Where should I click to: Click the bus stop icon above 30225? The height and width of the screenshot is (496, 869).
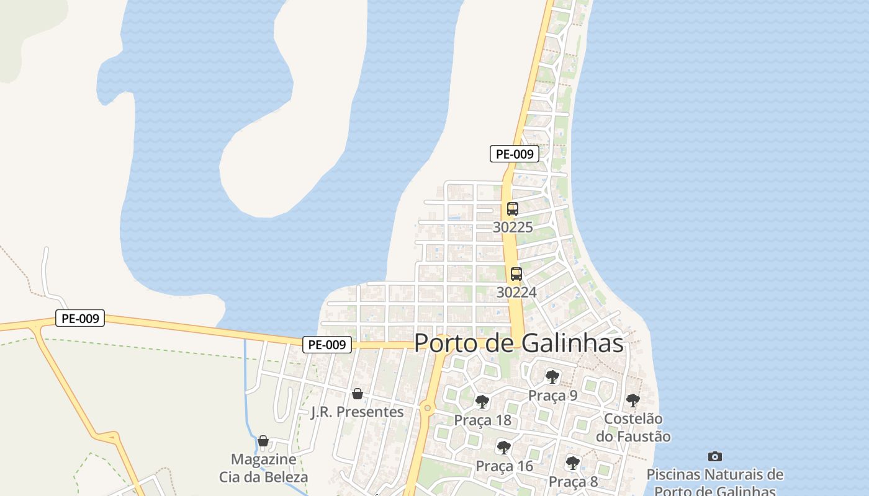tap(512, 209)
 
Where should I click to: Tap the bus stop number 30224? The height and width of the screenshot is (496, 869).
tap(516, 292)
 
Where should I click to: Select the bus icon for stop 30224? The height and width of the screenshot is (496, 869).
tap(516, 274)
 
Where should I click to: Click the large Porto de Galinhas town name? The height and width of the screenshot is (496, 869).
tap(518, 343)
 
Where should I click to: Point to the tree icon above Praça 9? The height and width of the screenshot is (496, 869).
tap(552, 377)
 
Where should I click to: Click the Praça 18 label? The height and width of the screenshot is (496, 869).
tap(482, 420)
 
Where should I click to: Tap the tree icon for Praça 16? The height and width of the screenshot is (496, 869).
tap(504, 447)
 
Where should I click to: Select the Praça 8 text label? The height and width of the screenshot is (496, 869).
tap(573, 482)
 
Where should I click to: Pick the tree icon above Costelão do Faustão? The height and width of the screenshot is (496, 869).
tap(633, 401)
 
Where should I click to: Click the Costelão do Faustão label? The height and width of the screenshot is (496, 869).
tap(633, 428)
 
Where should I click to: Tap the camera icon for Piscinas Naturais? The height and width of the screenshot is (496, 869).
tap(714, 457)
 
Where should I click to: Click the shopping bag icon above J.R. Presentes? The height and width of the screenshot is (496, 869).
tap(357, 394)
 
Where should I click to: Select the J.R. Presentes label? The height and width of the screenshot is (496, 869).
tap(357, 412)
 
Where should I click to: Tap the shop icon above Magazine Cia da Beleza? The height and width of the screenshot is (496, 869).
tap(263, 441)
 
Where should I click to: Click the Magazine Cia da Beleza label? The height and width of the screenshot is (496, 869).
tap(263, 468)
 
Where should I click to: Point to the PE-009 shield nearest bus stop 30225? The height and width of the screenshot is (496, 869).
tap(514, 154)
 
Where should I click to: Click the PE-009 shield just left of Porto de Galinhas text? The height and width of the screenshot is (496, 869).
tap(327, 345)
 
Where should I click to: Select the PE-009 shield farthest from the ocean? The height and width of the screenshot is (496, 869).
tap(80, 319)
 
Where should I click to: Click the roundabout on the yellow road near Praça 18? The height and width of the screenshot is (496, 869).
tap(426, 408)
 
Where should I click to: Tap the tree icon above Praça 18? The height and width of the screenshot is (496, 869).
tap(482, 402)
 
